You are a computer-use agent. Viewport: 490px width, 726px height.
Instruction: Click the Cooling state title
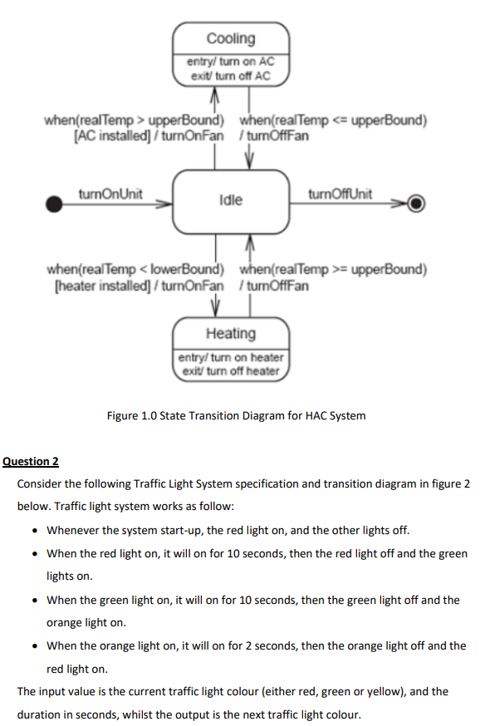[231, 38]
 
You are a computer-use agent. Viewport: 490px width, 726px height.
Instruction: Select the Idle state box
[231, 200]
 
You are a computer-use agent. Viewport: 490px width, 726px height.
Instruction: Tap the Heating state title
[231, 333]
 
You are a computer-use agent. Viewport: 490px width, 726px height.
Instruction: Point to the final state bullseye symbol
[418, 202]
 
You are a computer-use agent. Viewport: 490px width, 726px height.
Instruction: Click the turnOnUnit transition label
[110, 194]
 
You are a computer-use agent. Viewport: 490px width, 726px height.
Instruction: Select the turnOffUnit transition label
[340, 194]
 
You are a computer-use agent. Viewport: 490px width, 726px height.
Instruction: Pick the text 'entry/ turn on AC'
[231, 62]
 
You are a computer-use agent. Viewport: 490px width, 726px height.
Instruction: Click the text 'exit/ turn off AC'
[231, 76]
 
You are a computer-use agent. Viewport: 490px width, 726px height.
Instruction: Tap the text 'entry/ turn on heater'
[231, 357]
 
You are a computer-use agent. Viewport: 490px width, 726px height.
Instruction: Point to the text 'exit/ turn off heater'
[231, 370]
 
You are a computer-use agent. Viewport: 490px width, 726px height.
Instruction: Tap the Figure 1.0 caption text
[236, 415]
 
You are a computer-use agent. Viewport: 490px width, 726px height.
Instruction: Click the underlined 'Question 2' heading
[32, 461]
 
